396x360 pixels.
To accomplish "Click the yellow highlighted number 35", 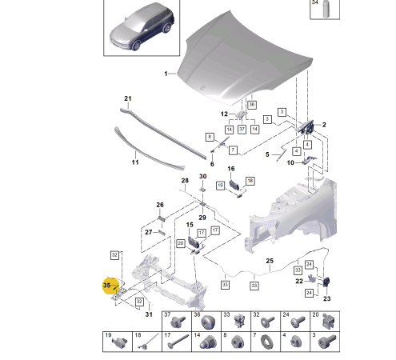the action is [106, 285].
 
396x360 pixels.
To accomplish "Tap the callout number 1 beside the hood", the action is [166, 74].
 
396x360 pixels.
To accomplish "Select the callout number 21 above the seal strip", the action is [128, 98].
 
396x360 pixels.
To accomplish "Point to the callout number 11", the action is [135, 162].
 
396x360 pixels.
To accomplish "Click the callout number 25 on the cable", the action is [270, 261].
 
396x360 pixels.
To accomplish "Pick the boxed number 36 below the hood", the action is [252, 105].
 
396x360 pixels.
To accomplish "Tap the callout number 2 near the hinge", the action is [324, 125].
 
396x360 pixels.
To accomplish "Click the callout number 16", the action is [231, 169].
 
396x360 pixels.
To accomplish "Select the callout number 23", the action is [327, 298].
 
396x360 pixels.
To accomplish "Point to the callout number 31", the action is [149, 314].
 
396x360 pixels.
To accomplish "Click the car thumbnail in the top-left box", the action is [142, 26].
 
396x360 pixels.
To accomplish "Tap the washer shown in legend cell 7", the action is [265, 342].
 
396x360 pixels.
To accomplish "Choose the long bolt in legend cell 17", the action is [178, 341].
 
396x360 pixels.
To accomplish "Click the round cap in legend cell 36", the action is [207, 322].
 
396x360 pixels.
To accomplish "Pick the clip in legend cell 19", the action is [119, 342].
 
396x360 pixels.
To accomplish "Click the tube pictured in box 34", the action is [326, 9].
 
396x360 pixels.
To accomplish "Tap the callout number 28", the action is [185, 181].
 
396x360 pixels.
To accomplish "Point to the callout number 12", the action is [224, 114].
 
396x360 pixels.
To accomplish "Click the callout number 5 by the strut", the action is [267, 154].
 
